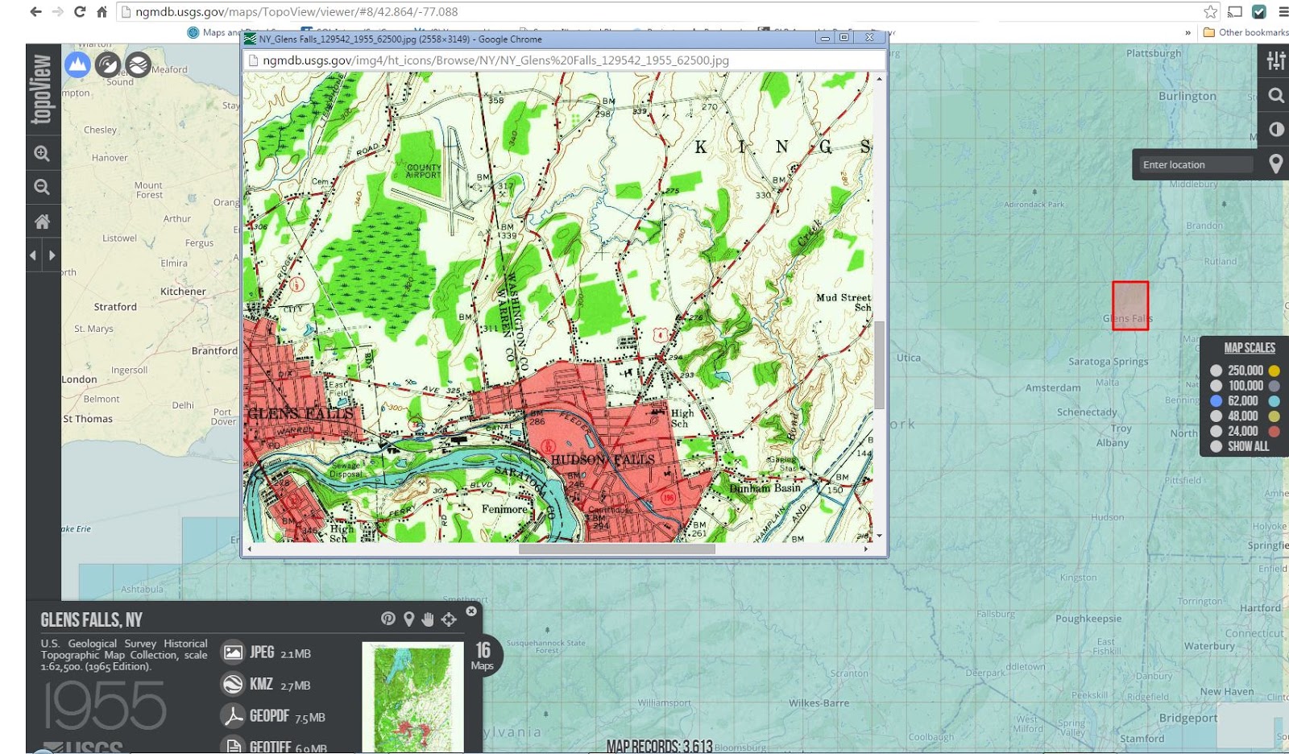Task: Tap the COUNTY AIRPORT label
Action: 423,171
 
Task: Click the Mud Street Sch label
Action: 843,302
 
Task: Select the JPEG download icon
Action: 233,652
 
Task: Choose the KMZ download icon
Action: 233,684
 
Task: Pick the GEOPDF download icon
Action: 233,716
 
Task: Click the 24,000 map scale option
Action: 1216,431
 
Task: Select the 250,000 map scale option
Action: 1216,371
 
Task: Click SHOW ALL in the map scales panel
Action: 1247,446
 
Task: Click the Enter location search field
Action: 1196,164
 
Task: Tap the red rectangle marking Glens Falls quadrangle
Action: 1130,305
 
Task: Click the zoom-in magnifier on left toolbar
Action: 42,153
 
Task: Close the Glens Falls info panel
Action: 471,611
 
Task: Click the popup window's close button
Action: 869,38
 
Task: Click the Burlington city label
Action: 1187,96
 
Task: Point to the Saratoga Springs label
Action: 1108,362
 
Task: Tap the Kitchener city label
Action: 183,292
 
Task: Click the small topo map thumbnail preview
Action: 412,697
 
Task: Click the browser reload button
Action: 79,11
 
